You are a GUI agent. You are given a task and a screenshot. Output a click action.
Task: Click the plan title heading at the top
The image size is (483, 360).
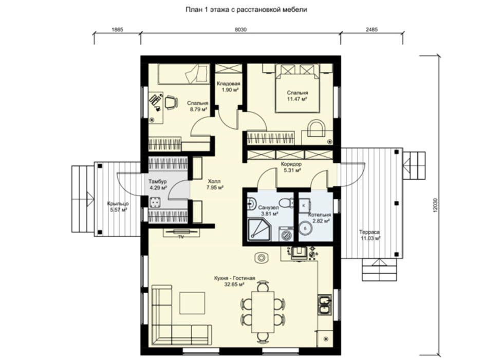pos(246,10)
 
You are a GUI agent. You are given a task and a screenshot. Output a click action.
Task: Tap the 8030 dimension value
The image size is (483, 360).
pos(240,30)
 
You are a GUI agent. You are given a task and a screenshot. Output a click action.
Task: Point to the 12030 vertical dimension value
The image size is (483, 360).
pos(434,204)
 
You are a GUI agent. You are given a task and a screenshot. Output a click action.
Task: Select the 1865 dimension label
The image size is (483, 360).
pos(117,30)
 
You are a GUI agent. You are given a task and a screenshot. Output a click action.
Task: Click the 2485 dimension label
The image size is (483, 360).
pos(371,30)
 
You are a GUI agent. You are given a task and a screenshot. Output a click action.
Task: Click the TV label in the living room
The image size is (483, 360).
pos(181,237)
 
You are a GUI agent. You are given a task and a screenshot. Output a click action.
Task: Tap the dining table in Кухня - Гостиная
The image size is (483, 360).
pos(263,312)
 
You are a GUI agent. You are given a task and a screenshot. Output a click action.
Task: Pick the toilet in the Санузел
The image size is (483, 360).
pos(287,203)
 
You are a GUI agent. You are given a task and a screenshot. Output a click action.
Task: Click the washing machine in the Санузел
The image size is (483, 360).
pos(286,234)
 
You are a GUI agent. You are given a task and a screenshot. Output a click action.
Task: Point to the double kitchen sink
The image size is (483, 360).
pos(324,305)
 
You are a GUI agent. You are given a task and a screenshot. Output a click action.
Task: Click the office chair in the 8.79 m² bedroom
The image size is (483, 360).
pos(171,102)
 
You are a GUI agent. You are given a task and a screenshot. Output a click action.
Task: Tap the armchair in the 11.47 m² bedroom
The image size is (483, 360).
pos(317,128)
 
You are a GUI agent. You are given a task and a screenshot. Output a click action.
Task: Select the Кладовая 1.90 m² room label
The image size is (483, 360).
pos(228,87)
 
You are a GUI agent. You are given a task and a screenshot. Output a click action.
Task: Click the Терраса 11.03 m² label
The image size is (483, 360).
pos(369,235)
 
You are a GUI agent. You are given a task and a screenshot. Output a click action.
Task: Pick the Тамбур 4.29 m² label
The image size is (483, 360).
pos(157,184)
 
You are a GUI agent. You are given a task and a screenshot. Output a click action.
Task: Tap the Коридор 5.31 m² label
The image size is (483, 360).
pos(291,167)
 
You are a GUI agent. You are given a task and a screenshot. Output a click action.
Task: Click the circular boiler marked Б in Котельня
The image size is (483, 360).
pos(305,228)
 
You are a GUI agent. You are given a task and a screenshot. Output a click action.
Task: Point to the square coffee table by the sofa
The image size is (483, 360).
pos(193,303)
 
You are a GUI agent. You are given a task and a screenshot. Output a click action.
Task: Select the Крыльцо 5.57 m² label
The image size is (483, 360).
pos(118,206)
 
